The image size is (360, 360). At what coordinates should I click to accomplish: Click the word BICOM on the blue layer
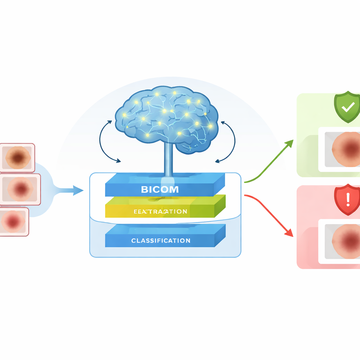pyautogui.click(x=160, y=190)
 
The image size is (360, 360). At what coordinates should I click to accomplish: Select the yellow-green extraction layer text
pyautogui.click(x=160, y=211)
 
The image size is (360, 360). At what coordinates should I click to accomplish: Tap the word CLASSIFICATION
pyautogui.click(x=161, y=241)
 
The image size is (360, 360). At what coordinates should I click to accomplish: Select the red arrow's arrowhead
pyautogui.click(x=289, y=233)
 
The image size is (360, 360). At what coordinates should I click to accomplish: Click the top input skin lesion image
pyautogui.click(x=18, y=157)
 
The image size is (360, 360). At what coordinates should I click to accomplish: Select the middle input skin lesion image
pyautogui.click(x=20, y=189)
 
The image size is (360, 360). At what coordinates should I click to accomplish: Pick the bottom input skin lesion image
pyautogui.click(x=14, y=221)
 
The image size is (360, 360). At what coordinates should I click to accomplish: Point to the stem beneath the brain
pyautogui.click(x=168, y=160)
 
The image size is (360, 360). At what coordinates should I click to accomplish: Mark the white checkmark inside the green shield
pyautogui.click(x=348, y=107)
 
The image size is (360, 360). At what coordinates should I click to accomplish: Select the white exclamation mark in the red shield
pyautogui.click(x=348, y=199)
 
